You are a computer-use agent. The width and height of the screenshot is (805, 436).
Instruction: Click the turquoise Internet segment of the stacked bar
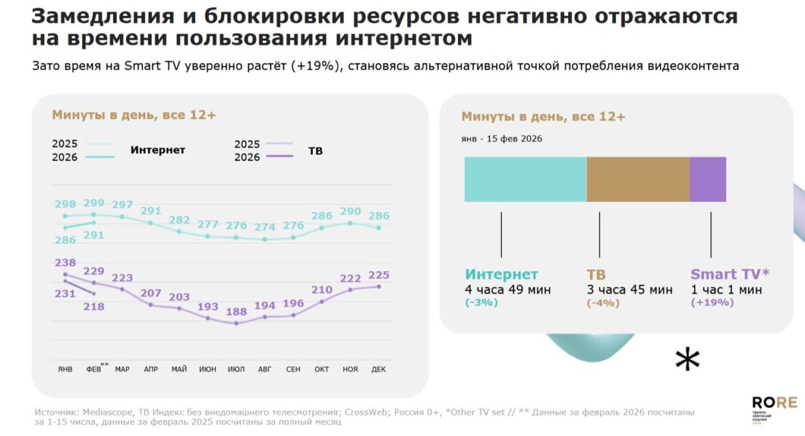pyautogui.click(x=525, y=179)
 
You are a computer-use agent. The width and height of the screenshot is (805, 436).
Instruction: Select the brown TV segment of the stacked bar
pyautogui.click(x=637, y=179)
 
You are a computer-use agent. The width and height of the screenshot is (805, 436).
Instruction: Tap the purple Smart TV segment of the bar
pyautogui.click(x=708, y=179)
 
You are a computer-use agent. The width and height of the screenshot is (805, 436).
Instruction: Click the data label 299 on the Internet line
pyautogui.click(x=94, y=203)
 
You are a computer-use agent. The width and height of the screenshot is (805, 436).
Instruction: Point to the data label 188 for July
pyautogui.click(x=236, y=311)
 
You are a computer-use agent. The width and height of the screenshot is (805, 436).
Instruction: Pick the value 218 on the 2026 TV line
pyautogui.click(x=94, y=307)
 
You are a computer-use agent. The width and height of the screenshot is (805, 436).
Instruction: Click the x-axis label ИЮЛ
pyautogui.click(x=236, y=370)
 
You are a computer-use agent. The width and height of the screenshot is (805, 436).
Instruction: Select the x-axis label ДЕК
pyautogui.click(x=378, y=370)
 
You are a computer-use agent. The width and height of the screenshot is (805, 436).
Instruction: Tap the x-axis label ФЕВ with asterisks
pyautogui.click(x=95, y=370)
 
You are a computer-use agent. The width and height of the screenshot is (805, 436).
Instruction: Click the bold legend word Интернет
pyautogui.click(x=157, y=150)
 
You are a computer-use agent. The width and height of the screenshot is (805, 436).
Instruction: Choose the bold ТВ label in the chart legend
pyautogui.click(x=315, y=151)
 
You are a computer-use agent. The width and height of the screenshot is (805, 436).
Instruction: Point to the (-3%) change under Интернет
pyautogui.click(x=481, y=303)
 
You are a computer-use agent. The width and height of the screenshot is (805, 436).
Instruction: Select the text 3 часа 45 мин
pyautogui.click(x=629, y=290)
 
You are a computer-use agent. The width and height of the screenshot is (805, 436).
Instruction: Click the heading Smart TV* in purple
pyautogui.click(x=730, y=274)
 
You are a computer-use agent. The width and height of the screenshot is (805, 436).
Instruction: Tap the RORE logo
pyautogui.click(x=774, y=402)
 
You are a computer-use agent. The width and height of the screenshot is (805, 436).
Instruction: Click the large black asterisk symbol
pyautogui.click(x=687, y=359)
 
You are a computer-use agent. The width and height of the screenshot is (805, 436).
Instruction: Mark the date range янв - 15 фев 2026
pyautogui.click(x=501, y=139)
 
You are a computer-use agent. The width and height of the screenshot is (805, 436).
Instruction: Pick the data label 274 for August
pyautogui.click(x=264, y=227)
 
